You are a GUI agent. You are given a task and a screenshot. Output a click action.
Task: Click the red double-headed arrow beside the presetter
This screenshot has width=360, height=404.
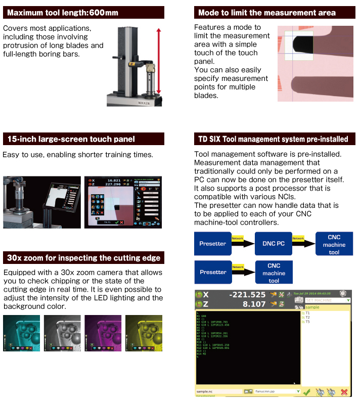[158, 61]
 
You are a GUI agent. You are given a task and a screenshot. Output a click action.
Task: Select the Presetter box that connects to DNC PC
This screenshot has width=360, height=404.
[213, 244]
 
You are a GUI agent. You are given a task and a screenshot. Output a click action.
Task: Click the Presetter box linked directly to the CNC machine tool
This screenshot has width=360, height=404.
[213, 272]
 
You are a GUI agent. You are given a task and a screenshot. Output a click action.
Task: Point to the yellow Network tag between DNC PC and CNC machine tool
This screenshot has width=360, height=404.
[298, 238]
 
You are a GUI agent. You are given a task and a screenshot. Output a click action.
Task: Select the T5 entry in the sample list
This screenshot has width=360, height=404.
[308, 322]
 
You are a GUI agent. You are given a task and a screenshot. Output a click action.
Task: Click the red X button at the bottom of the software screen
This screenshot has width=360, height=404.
[344, 391]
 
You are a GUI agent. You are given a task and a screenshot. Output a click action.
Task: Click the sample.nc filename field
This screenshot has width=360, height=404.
[217, 391]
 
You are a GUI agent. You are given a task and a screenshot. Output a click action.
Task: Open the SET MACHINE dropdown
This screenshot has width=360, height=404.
[327, 300]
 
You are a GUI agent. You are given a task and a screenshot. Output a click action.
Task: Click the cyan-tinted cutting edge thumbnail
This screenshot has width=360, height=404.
[21, 333]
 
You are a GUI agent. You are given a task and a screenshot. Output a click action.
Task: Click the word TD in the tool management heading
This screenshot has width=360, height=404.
[204, 139]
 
